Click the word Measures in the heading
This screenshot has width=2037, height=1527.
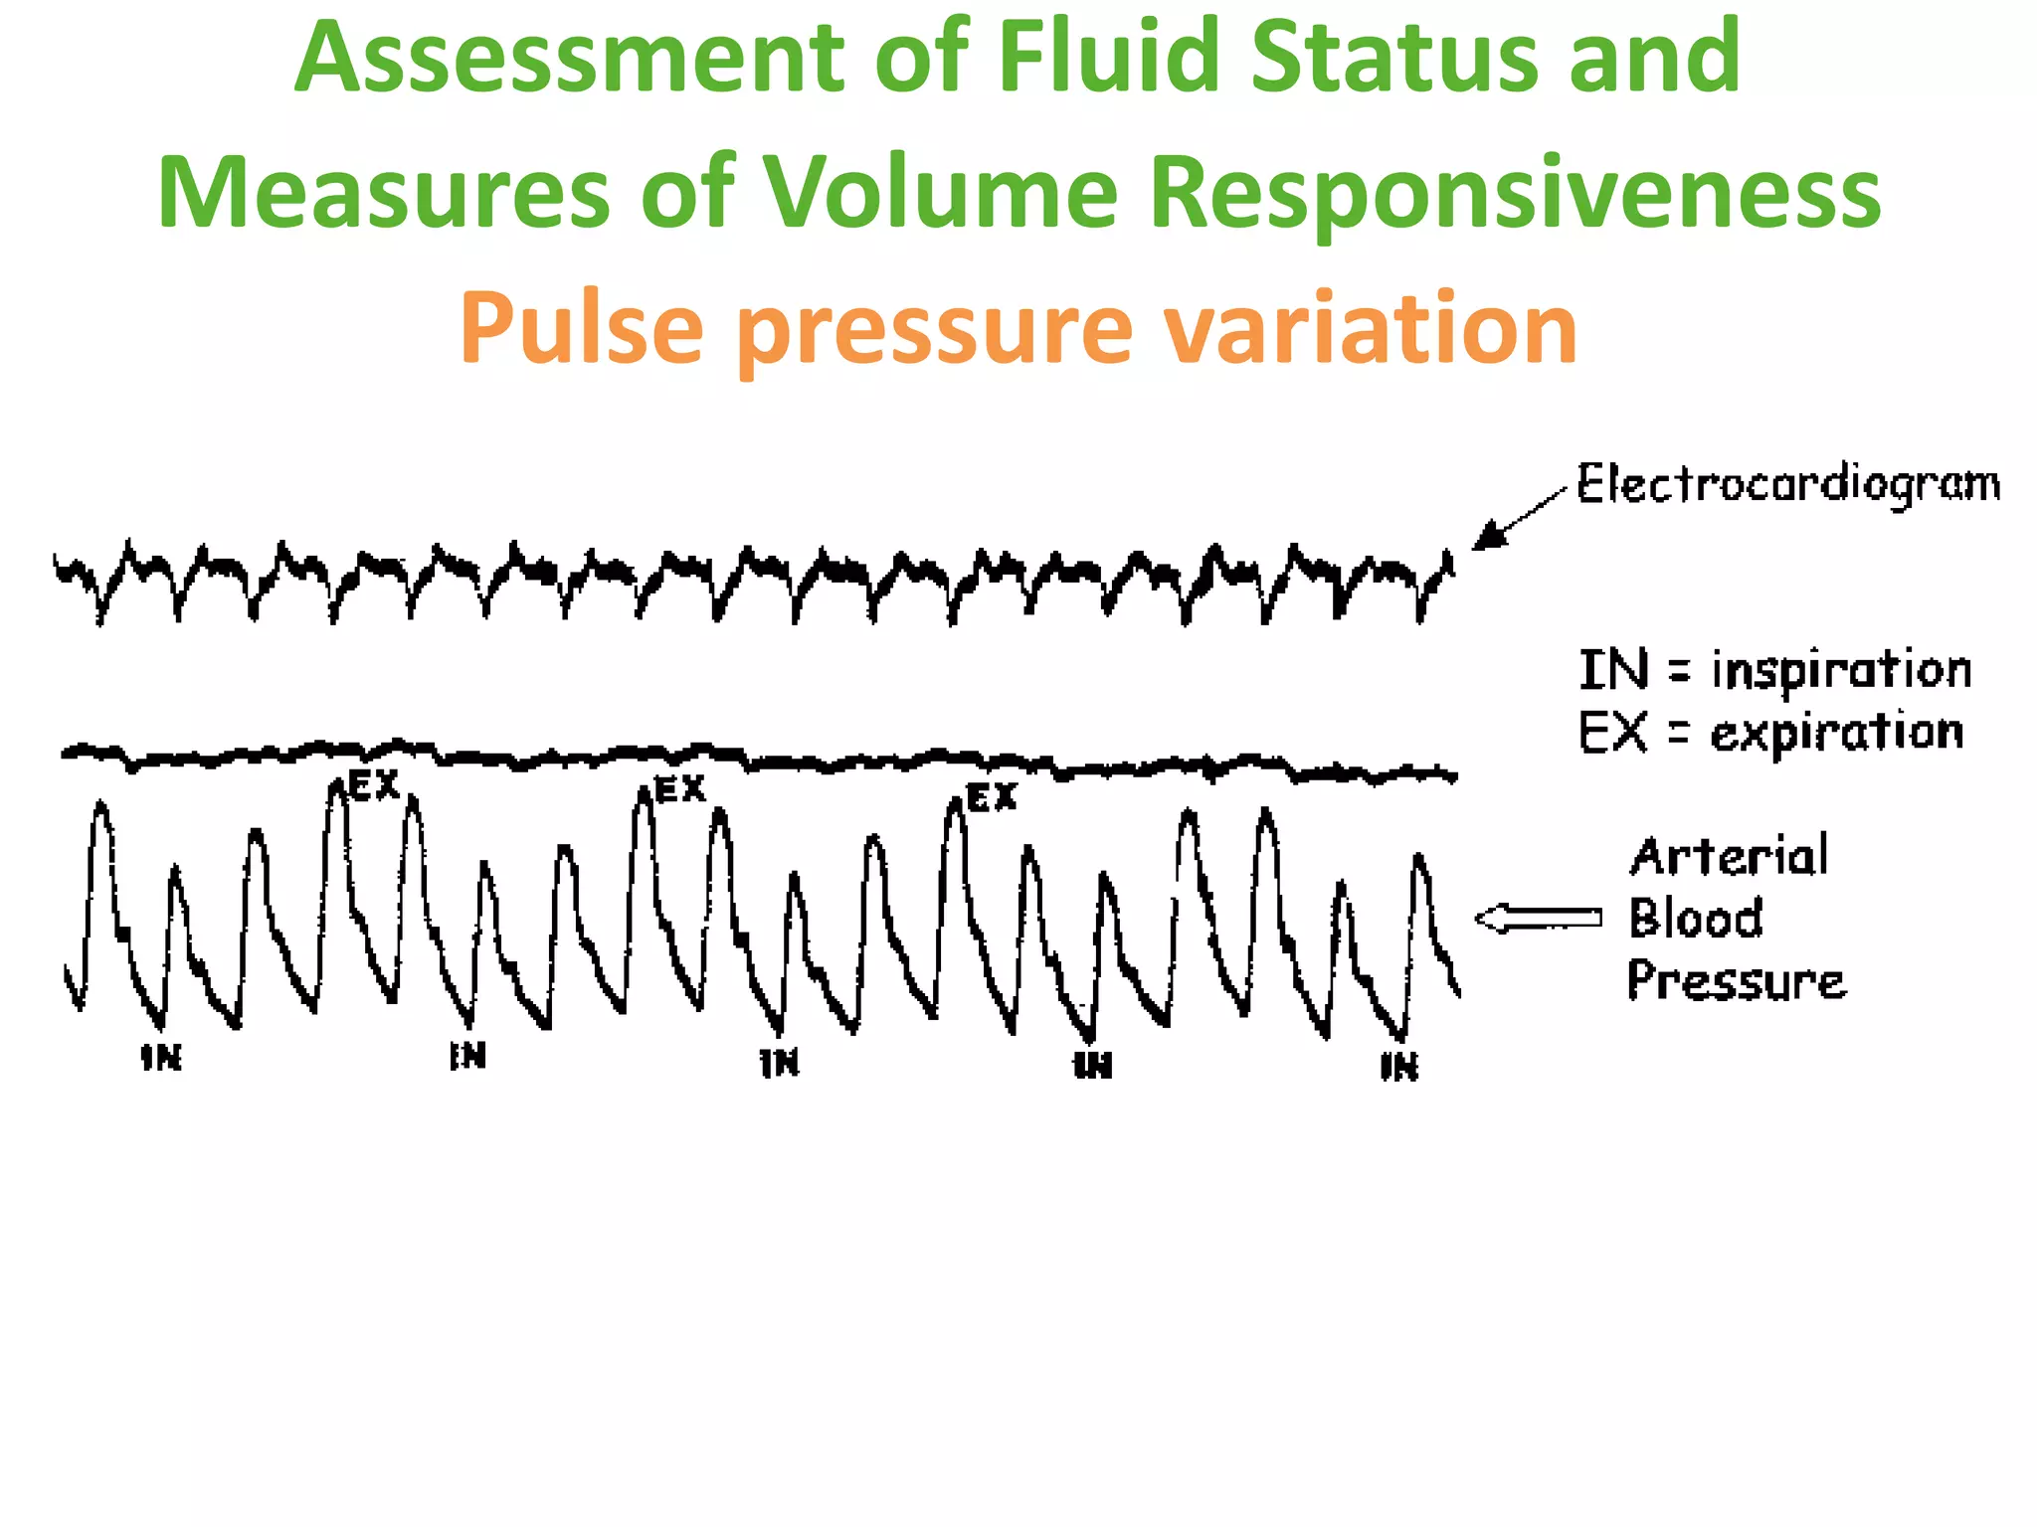[x=384, y=193]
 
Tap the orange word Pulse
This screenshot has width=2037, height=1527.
[x=581, y=328]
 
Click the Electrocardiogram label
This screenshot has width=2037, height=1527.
[x=1788, y=486]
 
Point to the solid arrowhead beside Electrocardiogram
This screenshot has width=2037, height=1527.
[x=1486, y=538]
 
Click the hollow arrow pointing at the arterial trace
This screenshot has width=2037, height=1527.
[x=1537, y=919]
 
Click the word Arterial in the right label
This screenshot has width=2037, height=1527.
[x=1729, y=857]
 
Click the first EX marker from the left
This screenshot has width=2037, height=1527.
[x=374, y=786]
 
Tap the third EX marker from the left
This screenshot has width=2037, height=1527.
[x=992, y=797]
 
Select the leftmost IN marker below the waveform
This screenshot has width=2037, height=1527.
[x=161, y=1058]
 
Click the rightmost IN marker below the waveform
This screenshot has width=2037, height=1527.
[x=1399, y=1067]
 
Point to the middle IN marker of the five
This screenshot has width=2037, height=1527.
[x=780, y=1063]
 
